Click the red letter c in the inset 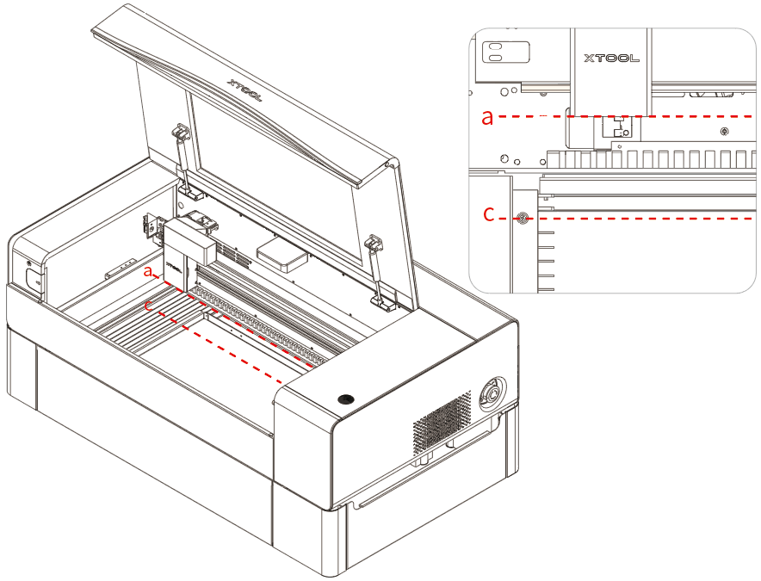pyautogui.click(x=488, y=216)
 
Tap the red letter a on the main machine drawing pyautogui.click(x=150, y=272)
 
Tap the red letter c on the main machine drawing pyautogui.click(x=150, y=304)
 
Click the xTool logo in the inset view pyautogui.click(x=611, y=59)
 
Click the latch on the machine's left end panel pyautogui.click(x=32, y=278)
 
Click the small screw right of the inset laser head pyautogui.click(x=723, y=131)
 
